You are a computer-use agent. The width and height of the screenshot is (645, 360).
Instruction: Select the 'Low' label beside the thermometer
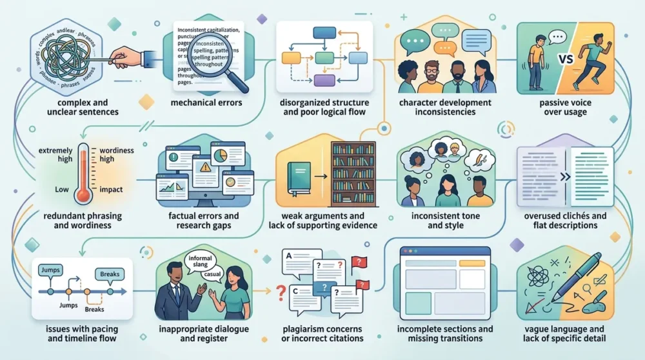click(x=62, y=190)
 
